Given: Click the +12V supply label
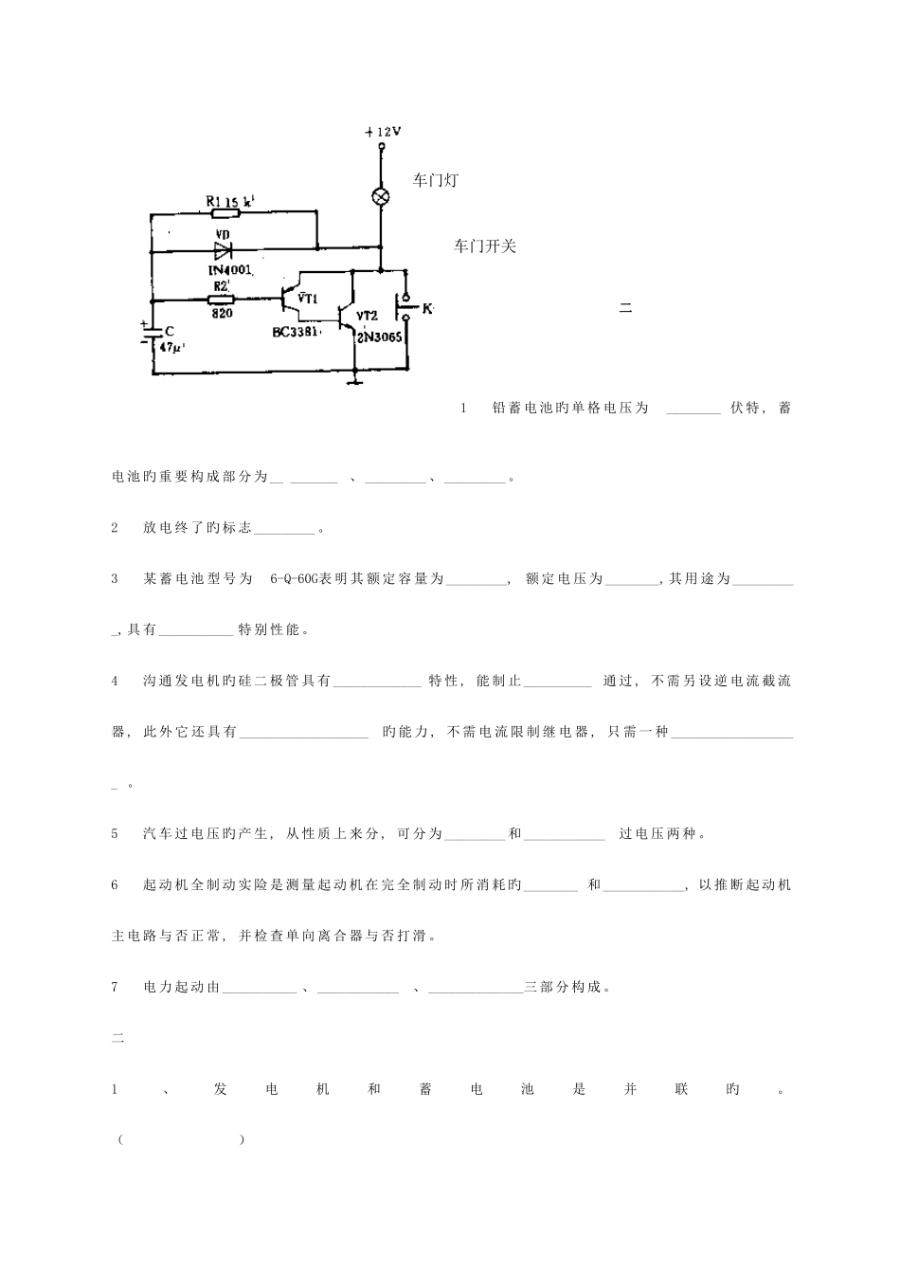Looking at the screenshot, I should click(382, 132).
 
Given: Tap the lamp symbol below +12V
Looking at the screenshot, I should click(381, 195).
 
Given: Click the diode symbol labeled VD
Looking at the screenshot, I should click(223, 251).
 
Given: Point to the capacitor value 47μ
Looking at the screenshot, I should click(171, 348).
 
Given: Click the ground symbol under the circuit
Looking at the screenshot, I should click(353, 381).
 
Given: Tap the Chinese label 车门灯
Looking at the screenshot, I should click(436, 180).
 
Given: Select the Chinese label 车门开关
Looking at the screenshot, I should click(485, 246).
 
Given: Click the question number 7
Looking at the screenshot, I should click(115, 987).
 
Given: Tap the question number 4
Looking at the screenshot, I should click(115, 681).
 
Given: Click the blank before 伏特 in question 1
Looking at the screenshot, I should click(693, 409).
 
